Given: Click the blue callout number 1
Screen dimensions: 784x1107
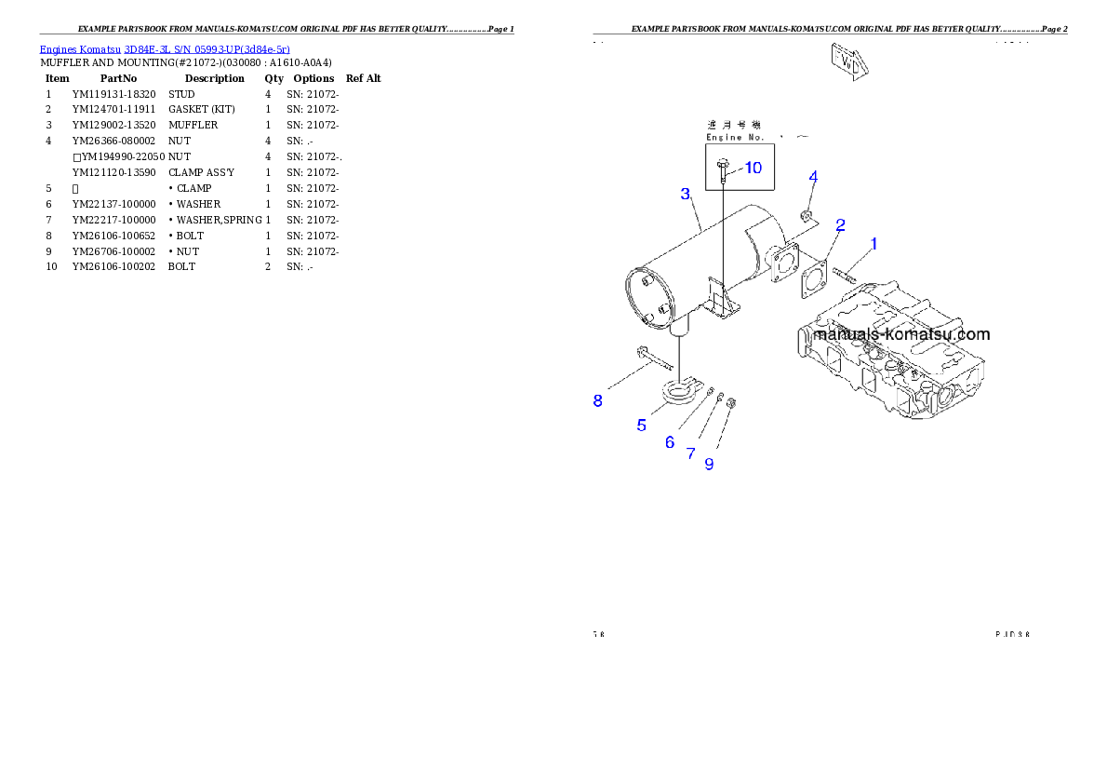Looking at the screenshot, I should pos(874,244).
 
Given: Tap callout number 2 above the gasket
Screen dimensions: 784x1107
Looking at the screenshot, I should pos(840,224).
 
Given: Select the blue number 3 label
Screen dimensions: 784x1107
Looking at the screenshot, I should pos(686,194).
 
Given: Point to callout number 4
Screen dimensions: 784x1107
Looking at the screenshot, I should pos(813,177).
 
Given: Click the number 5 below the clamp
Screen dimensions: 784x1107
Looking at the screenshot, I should pos(642,426).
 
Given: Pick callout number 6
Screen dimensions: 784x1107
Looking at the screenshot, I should pos(670,442).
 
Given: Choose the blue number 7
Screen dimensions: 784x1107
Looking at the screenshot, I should pos(690,453).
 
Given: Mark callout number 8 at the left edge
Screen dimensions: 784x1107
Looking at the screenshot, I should pos(598,401).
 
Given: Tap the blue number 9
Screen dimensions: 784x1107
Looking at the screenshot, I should pos(709,464).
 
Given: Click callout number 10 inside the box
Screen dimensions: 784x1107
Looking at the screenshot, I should pos(753,168).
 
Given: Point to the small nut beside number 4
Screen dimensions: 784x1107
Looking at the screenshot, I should pos(807,217).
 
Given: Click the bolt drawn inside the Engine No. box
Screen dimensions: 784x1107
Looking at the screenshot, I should pos(723,169).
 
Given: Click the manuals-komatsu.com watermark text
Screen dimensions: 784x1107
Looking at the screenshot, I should pos(901,334).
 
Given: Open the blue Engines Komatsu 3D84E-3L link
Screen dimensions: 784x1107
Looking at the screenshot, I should pos(165,48).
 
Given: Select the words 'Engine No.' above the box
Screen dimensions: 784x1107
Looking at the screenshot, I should pos(735,138).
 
